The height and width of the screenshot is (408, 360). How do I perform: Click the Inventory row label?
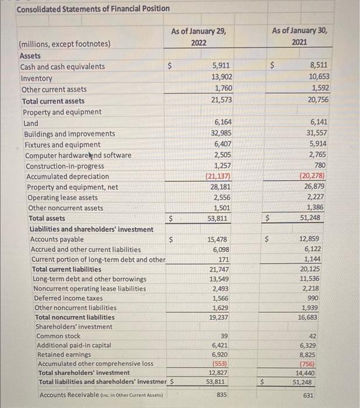point(36,78)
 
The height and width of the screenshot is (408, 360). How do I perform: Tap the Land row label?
point(30,123)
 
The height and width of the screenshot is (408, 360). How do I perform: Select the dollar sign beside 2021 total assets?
point(269,219)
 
